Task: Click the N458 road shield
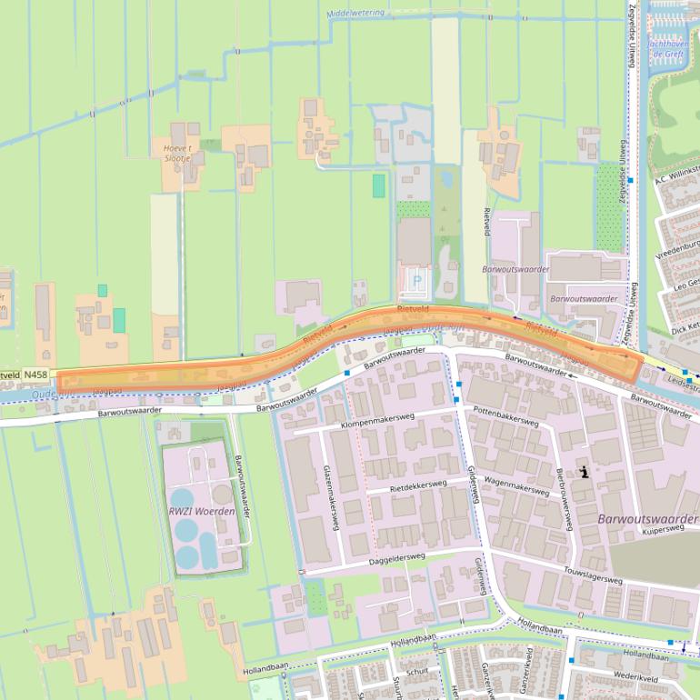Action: pyautogui.click(x=35, y=374)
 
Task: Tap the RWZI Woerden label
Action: pyautogui.click(x=202, y=511)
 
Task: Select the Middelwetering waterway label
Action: pyautogui.click(x=357, y=14)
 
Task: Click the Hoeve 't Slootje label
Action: pyautogui.click(x=178, y=152)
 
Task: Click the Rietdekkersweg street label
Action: pyautogui.click(x=418, y=485)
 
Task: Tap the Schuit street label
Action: pyautogui.click(x=417, y=671)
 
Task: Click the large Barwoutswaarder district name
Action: pyautogui.click(x=647, y=518)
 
